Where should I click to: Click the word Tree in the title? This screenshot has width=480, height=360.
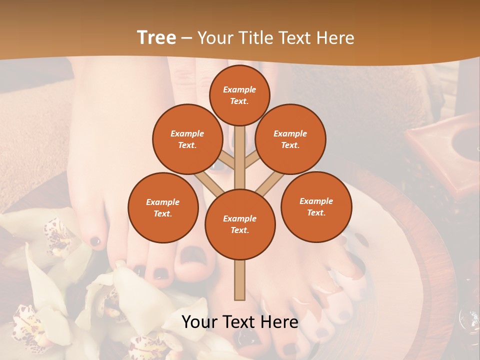tap(156, 37)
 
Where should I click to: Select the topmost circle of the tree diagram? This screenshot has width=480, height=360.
tap(239, 95)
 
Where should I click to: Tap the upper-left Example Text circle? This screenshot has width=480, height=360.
tap(187, 139)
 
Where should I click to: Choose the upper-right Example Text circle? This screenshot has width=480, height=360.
tap(290, 139)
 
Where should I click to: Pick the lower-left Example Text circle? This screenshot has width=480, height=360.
tap(163, 207)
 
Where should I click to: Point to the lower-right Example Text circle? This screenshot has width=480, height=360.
tap(316, 206)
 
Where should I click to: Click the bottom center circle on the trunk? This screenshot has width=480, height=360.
tap(240, 224)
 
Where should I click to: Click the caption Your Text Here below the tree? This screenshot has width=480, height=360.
tap(240, 322)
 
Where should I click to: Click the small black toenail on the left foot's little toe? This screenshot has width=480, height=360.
tap(95, 241)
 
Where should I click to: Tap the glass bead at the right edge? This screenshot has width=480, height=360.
tap(470, 317)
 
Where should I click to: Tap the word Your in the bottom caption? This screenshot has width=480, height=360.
tap(199, 322)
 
